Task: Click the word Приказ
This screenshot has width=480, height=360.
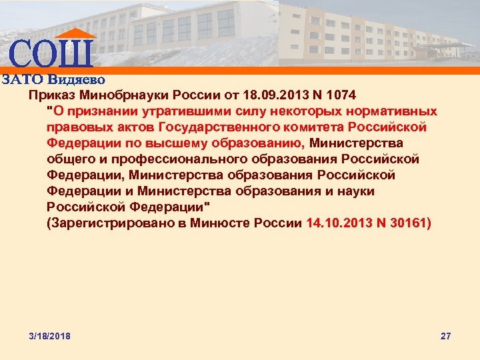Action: (49, 95)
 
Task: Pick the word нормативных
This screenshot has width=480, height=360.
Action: (396, 111)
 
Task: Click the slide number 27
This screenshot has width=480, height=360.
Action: (446, 336)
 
